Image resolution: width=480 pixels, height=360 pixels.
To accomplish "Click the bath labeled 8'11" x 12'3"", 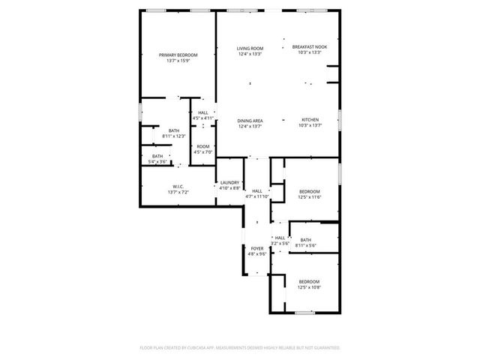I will (173, 133).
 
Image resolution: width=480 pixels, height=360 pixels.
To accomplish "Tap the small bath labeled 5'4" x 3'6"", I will (157, 158).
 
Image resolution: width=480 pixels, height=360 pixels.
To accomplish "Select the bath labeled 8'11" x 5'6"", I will (306, 242).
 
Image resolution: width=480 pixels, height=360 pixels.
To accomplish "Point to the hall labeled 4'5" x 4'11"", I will (203, 115).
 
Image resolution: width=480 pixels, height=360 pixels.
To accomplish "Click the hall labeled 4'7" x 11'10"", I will (257, 193).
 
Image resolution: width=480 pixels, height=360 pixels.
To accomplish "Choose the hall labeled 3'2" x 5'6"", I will (280, 240).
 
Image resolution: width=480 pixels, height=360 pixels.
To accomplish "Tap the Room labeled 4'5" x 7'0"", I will (203, 149).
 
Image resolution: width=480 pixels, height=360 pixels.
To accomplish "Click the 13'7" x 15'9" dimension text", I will (177, 61).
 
